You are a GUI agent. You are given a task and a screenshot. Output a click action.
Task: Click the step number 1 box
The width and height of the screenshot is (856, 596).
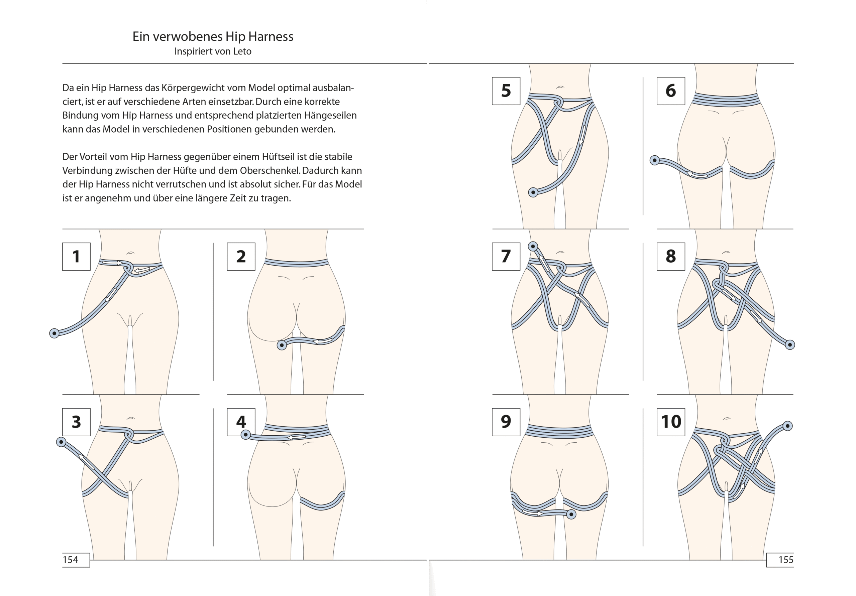(x=76, y=256)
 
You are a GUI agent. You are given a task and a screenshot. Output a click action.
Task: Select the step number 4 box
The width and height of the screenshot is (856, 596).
(x=241, y=422)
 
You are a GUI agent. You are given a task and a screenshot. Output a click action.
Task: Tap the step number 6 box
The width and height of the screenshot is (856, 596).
(x=670, y=91)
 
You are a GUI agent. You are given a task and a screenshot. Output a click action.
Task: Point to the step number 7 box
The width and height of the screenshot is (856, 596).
(x=506, y=256)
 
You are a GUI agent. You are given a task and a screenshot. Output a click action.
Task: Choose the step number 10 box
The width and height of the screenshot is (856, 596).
(x=671, y=422)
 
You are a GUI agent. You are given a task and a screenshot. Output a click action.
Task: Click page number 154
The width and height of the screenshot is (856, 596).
(x=71, y=560)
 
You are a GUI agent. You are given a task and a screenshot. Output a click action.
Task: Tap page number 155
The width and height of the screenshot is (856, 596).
(x=786, y=560)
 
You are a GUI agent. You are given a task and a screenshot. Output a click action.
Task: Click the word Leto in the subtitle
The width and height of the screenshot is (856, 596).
(x=242, y=51)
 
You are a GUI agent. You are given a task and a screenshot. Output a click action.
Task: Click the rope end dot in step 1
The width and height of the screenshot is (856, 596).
(x=55, y=333)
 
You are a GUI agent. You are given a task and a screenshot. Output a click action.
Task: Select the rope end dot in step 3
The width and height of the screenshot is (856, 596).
(x=61, y=442)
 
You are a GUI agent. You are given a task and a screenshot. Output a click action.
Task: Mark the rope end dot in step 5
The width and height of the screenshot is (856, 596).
(x=533, y=192)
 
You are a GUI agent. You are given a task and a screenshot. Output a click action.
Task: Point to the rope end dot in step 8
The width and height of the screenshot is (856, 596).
(x=790, y=345)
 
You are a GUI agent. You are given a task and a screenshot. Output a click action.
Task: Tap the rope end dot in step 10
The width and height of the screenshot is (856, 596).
(x=787, y=426)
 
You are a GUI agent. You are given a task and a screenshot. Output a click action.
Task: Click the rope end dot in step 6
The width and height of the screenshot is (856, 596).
(x=655, y=160)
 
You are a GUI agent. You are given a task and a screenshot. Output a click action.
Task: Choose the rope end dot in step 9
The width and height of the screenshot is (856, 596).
(x=571, y=514)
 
